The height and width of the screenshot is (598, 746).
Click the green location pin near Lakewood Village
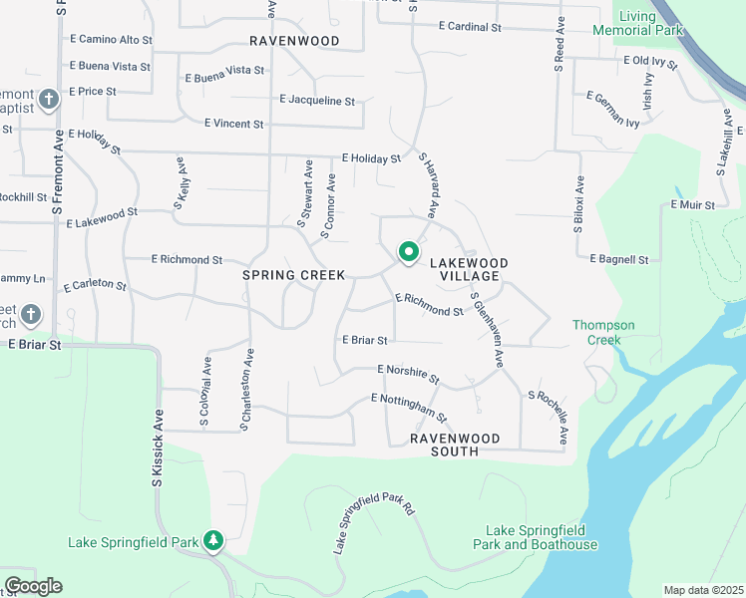click(x=408, y=252)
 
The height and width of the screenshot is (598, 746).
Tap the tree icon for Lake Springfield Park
click(x=212, y=541)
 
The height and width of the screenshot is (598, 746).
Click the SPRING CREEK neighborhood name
click(x=294, y=275)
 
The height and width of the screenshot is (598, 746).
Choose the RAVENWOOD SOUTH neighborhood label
click(x=445, y=445)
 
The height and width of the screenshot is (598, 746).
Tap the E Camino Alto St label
click(x=111, y=39)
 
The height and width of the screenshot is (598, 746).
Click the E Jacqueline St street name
click(x=318, y=101)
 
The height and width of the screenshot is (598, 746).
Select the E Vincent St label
click(x=233, y=125)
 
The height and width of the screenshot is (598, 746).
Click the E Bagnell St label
click(x=619, y=259)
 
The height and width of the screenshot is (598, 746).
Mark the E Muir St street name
click(x=694, y=205)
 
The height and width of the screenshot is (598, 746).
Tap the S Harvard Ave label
click(x=429, y=185)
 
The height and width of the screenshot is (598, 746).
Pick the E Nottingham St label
click(x=409, y=406)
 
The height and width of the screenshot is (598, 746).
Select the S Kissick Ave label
click(x=158, y=448)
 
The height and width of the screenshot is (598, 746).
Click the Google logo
click(x=33, y=586)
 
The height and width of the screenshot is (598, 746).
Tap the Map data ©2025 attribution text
click(x=703, y=590)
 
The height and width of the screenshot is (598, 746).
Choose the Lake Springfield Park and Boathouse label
click(x=542, y=538)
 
